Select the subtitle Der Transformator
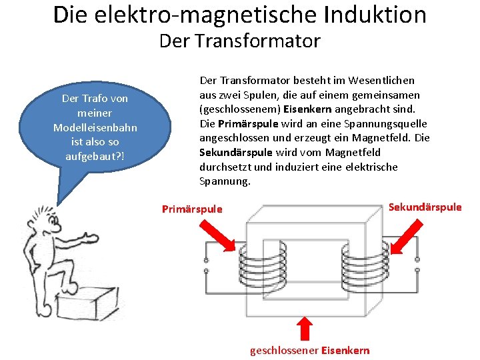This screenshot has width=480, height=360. point(239,41)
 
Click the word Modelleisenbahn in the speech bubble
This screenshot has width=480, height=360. point(95,127)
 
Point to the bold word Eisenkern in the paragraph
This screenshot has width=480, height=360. point(305,109)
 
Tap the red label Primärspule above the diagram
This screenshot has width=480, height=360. point(192,209)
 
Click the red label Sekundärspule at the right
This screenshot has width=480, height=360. point(425,207)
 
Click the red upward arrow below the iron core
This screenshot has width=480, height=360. point(304,328)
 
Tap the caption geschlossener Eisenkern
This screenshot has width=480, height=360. point(309,351)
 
